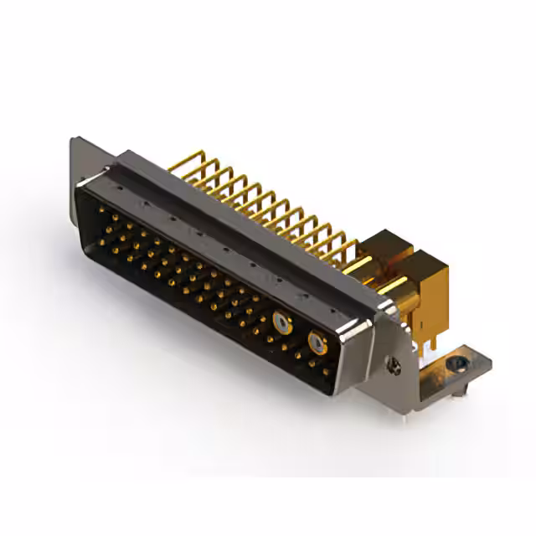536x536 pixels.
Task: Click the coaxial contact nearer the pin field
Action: [x=280, y=318]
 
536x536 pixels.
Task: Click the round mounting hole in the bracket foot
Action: [x=456, y=364]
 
